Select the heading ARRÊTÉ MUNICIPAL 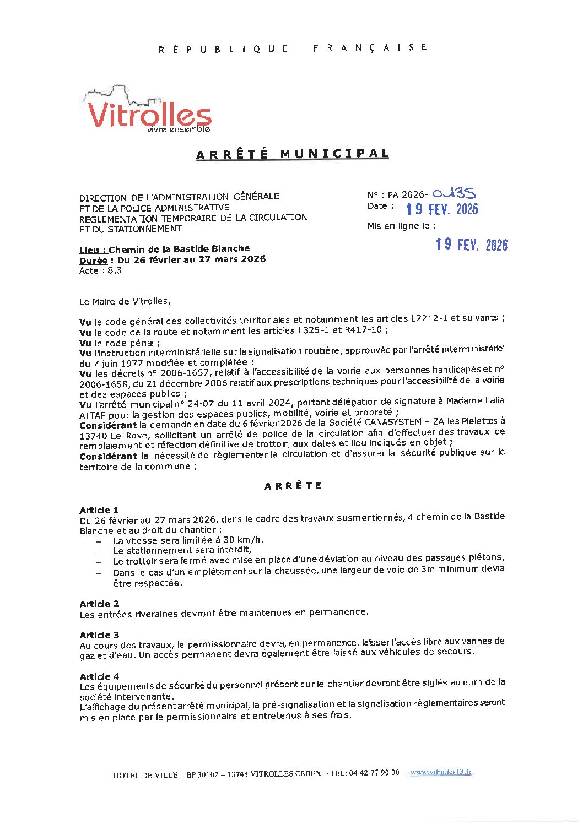coord(292,154)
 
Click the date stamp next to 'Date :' coord(442,209)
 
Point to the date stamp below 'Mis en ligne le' coord(471,245)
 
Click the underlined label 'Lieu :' coord(93,249)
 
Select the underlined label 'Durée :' coord(96,259)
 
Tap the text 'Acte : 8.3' coord(100,270)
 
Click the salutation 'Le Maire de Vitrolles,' coord(125,301)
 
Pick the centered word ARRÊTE coord(293,486)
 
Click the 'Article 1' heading coord(99,510)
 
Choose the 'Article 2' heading coord(99,604)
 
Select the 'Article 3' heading coord(99,635)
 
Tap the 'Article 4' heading coord(99,676)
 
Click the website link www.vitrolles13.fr coord(441,772)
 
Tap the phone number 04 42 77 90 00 coord(374,773)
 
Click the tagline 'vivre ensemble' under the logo coord(179,129)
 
